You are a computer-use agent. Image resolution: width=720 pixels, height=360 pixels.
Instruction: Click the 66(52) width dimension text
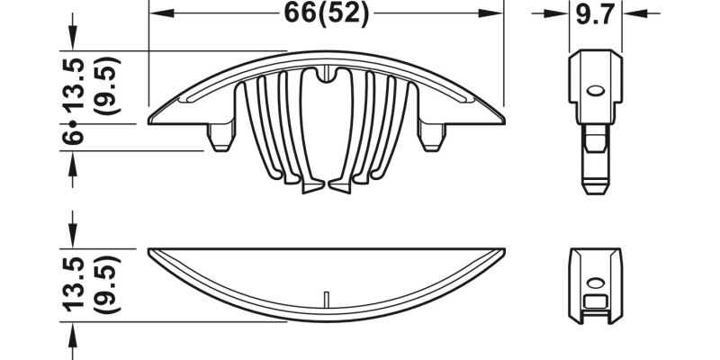[325, 13]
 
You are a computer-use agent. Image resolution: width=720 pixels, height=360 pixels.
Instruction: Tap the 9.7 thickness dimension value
[596, 13]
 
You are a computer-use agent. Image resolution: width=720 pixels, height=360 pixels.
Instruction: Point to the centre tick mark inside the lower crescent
[326, 298]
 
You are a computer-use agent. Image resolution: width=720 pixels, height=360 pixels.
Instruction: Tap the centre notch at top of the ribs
[326, 72]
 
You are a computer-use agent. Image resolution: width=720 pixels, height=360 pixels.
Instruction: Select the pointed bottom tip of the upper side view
[595, 191]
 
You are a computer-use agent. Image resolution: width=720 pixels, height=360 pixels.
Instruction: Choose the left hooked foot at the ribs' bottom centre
[310, 188]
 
